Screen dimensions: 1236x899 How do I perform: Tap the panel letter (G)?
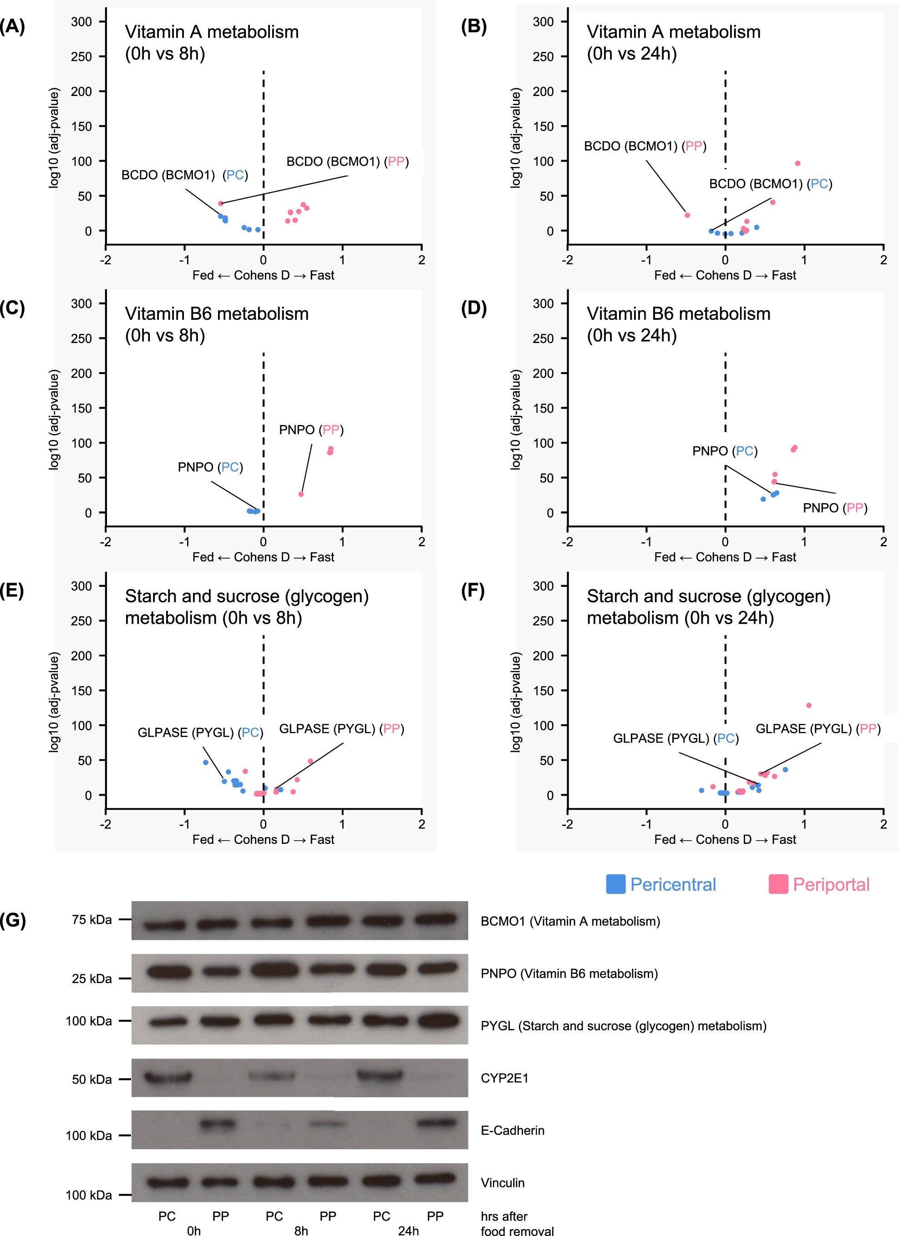click(13, 920)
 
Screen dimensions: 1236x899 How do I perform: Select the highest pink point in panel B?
click(797, 163)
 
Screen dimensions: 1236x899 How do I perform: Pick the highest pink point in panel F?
click(808, 705)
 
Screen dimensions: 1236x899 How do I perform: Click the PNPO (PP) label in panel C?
click(311, 430)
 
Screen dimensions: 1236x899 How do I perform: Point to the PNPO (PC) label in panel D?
click(725, 451)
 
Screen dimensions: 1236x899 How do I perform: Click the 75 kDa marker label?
click(91, 920)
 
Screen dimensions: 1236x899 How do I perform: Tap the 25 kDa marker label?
click(91, 979)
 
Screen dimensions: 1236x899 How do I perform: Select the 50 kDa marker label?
click(91, 1079)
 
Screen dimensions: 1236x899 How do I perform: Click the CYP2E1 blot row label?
click(504, 1078)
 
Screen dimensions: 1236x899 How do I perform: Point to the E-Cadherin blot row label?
click(513, 1130)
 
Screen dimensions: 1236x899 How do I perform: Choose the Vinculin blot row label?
click(502, 1183)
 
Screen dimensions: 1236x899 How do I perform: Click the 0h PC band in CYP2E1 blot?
click(168, 1077)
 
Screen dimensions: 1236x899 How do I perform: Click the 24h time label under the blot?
click(408, 1231)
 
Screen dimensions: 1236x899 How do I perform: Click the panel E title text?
click(246, 606)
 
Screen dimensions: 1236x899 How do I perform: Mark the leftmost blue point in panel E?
click(206, 762)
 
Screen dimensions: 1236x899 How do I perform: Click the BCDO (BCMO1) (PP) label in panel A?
click(347, 161)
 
